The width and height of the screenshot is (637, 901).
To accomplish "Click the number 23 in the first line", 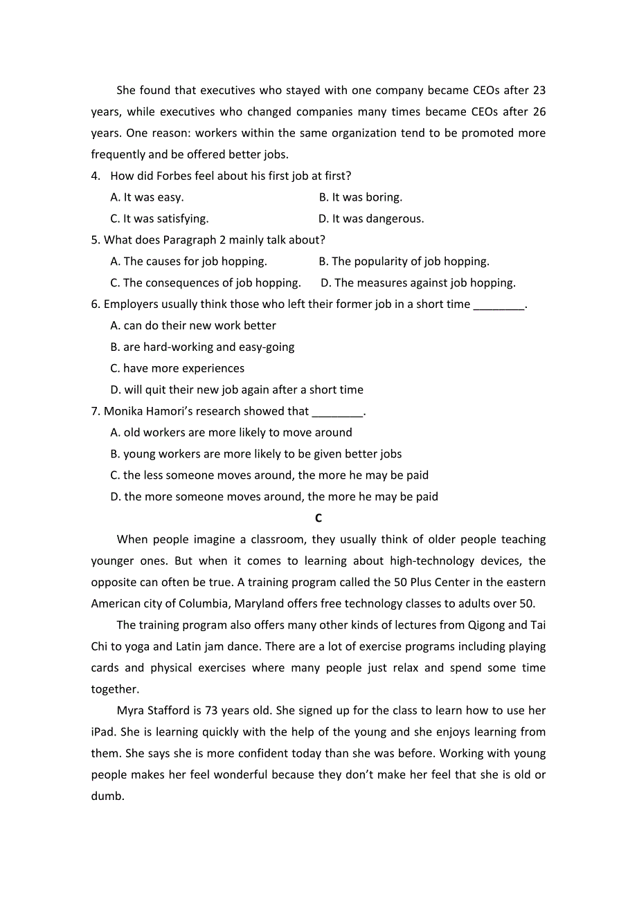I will [x=539, y=90].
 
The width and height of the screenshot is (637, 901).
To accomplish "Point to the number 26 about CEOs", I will [x=539, y=111].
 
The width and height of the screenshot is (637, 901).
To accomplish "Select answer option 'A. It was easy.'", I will [x=147, y=197].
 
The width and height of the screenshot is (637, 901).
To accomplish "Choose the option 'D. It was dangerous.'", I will [x=371, y=219].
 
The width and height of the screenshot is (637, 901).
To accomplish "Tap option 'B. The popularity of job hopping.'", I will [x=404, y=262].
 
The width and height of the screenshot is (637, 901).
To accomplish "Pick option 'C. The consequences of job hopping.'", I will [x=205, y=283].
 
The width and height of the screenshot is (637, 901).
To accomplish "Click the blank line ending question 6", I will [x=499, y=305].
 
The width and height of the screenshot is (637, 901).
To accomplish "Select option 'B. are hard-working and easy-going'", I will [x=202, y=347].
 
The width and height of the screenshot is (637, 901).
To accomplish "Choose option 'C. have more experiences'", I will [x=177, y=368].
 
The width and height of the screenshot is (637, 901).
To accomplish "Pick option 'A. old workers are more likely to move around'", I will [x=231, y=433].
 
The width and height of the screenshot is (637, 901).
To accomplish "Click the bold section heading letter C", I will [x=318, y=518].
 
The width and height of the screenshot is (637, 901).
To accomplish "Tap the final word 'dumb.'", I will [x=108, y=797].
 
